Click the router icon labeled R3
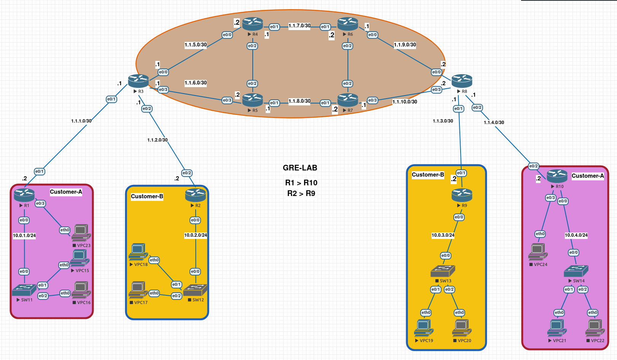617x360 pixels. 138,81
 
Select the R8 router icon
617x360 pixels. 462,81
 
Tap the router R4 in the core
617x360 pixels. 252,24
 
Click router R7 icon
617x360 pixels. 348,100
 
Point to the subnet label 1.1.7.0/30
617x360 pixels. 299,26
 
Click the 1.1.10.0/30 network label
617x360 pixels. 405,102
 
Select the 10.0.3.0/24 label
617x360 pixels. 443,235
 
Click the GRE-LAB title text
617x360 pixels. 300,168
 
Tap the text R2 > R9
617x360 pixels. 301,193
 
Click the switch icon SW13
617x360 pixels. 443,271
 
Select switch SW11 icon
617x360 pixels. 24,290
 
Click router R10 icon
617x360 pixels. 557,176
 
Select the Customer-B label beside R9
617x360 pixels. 428,175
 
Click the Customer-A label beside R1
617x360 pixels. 66,192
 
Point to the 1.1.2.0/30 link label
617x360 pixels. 157,140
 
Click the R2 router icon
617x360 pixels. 195,195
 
